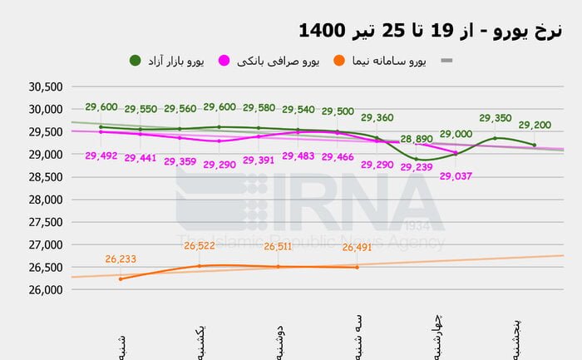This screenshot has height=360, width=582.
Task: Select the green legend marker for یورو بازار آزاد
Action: [136, 61]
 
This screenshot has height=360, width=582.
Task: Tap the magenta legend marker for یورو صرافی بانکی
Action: [224, 61]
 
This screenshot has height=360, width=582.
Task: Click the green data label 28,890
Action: [417, 139]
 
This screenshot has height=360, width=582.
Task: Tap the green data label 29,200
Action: [535, 126]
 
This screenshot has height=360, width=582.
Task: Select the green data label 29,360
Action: [377, 118]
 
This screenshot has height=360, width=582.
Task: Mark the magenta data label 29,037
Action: [456, 175]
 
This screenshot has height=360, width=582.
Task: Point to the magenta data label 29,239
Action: [417, 166]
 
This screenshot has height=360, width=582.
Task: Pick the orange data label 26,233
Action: [121, 259]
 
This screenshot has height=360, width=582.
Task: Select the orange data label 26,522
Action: [200, 246]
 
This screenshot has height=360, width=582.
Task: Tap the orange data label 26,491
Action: [358, 246]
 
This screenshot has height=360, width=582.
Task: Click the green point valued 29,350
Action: [496, 138]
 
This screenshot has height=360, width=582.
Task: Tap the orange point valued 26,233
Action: [121, 279]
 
